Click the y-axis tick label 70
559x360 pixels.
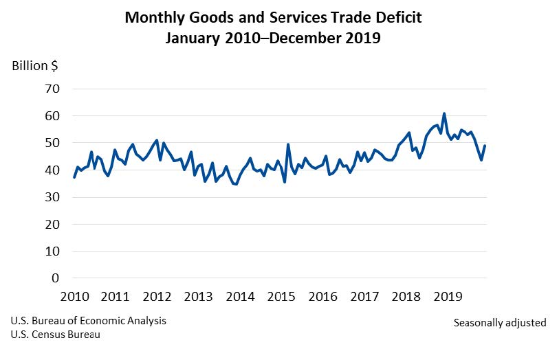coord(53,89)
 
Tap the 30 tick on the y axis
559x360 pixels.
coord(53,197)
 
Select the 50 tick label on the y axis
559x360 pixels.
coord(53,143)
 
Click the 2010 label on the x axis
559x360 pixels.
coord(74,297)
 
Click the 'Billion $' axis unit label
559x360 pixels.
coord(34,66)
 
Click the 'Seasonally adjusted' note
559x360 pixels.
coord(500,322)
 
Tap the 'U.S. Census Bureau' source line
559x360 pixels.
coord(55,335)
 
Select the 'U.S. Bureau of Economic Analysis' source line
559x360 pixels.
coord(88,321)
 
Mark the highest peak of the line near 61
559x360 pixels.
coord(444,113)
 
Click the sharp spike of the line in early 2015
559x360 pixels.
coord(288,144)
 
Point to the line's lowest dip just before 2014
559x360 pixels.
coord(237,184)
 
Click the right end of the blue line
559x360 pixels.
coord(485,146)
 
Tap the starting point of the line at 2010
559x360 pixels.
coord(74,177)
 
